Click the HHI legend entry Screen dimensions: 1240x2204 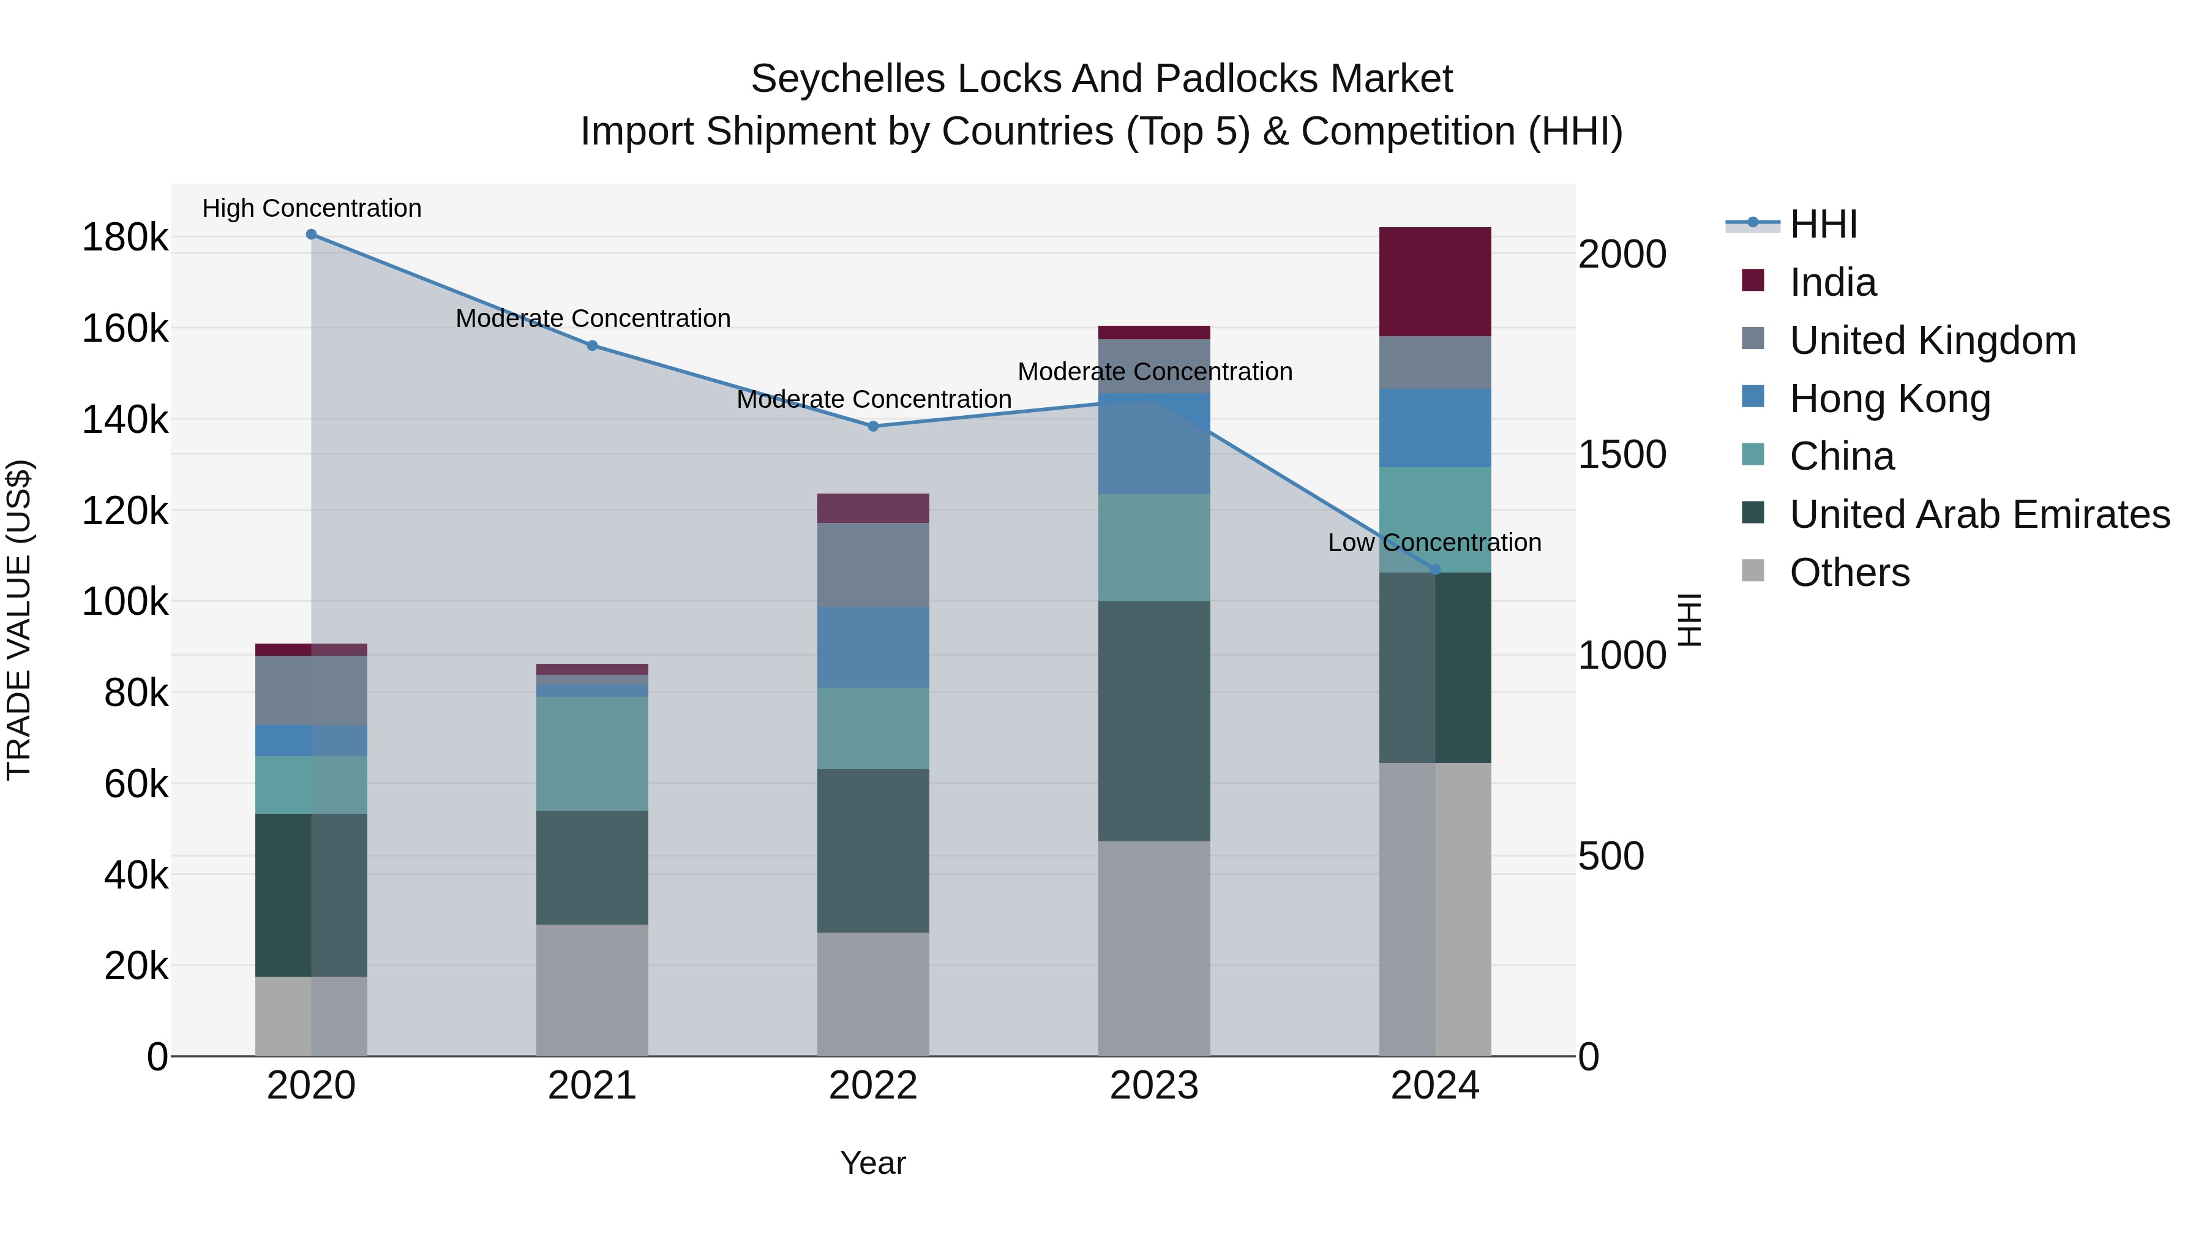point(1823,224)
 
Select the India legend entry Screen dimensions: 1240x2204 point(1832,282)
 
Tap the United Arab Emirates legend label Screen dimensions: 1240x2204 point(1979,514)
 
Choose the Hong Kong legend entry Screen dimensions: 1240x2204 point(1889,399)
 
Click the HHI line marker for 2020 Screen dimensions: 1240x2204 point(312,235)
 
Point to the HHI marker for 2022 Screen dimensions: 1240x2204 point(872,426)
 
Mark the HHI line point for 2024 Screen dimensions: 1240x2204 point(1435,570)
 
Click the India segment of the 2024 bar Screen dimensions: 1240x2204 point(1435,282)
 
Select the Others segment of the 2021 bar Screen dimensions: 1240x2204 point(592,990)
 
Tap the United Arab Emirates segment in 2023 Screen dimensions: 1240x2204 point(1154,721)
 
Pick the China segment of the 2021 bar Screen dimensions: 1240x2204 point(592,753)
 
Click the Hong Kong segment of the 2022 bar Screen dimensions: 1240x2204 point(872,647)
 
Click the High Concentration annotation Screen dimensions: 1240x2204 point(312,209)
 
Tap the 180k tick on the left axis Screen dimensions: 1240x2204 point(125,238)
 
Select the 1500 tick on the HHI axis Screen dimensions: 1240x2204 point(1621,454)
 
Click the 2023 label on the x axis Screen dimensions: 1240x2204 point(1154,1086)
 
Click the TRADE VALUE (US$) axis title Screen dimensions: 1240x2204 point(19,620)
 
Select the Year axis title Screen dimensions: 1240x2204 point(872,1163)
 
